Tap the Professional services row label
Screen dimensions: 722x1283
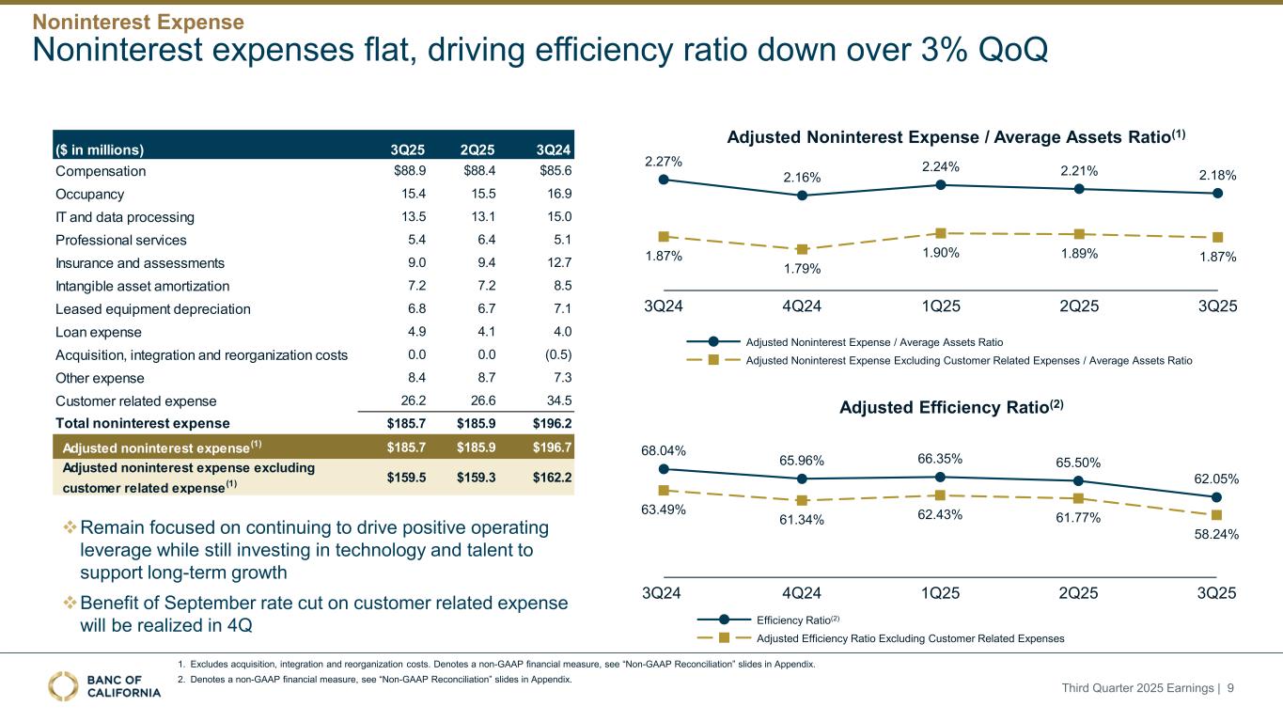pyautogui.click(x=121, y=240)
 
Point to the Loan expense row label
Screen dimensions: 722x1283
pyautogui.click(x=99, y=332)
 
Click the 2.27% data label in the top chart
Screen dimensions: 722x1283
pyautogui.click(x=664, y=162)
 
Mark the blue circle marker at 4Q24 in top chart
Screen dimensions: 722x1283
pyautogui.click(x=802, y=196)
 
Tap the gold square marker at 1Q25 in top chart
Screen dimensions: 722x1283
pyautogui.click(x=941, y=233)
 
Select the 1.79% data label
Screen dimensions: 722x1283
pyautogui.click(x=802, y=269)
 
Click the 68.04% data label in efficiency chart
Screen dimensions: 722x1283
pyautogui.click(x=664, y=450)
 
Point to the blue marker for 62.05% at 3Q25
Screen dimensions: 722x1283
pyautogui.click(x=1217, y=497)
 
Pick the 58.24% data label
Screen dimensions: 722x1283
pyautogui.click(x=1216, y=534)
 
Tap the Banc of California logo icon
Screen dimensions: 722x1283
pyautogui.click(x=63, y=686)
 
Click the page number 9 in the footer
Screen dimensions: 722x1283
pyautogui.click(x=1257, y=688)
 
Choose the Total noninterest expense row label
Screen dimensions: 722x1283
pyautogui.click(x=143, y=423)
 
